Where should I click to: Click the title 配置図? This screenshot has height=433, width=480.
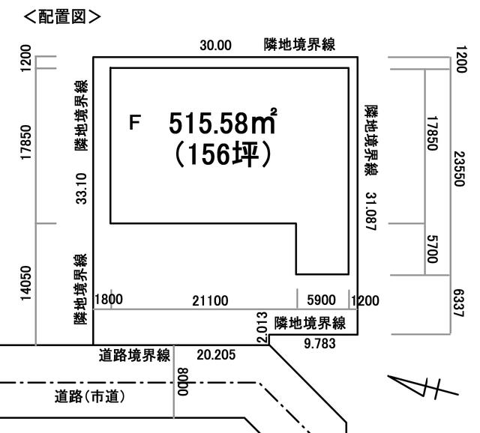[x=62, y=16]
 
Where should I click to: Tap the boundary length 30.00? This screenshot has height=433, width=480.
[x=215, y=46]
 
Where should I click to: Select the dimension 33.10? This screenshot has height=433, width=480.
[x=82, y=188]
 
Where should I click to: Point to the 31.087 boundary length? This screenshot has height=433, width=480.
[x=370, y=211]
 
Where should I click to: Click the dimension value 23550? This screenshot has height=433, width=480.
[x=460, y=169]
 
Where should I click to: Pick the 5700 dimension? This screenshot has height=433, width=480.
[x=432, y=249]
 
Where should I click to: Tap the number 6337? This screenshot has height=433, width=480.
[x=459, y=303]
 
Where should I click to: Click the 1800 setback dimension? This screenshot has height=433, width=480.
[x=109, y=300]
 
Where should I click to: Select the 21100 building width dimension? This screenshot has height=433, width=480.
[x=210, y=301]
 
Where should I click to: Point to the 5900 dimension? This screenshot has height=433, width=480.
[x=322, y=300]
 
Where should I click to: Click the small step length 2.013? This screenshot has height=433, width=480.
[x=262, y=327]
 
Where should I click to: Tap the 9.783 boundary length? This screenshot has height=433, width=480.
[x=319, y=344]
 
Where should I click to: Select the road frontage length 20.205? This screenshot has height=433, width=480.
[x=216, y=355]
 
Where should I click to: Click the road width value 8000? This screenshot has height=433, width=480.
[x=183, y=381]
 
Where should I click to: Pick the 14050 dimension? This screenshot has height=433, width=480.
[x=26, y=283]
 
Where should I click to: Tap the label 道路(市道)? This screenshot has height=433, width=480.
[x=90, y=397]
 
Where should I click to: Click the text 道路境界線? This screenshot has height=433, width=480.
[x=134, y=356]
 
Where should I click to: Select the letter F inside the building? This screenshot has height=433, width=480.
[x=135, y=122]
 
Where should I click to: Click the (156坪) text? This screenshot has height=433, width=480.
[x=223, y=154]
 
